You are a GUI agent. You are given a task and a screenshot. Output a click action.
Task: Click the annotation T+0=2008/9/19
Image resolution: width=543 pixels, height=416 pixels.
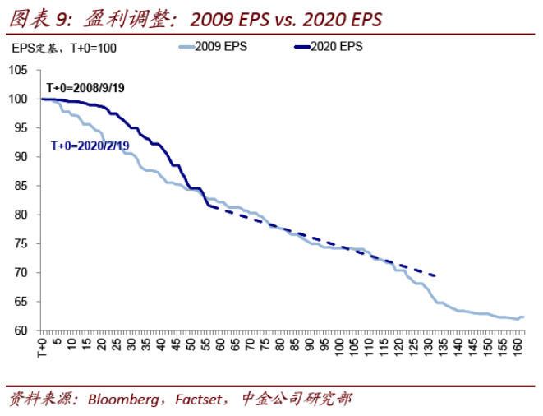point(85,87)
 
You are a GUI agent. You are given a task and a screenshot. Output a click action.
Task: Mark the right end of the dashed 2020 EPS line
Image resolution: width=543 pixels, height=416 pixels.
point(435,275)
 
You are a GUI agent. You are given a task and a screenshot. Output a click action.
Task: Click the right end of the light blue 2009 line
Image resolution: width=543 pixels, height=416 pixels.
point(523,317)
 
